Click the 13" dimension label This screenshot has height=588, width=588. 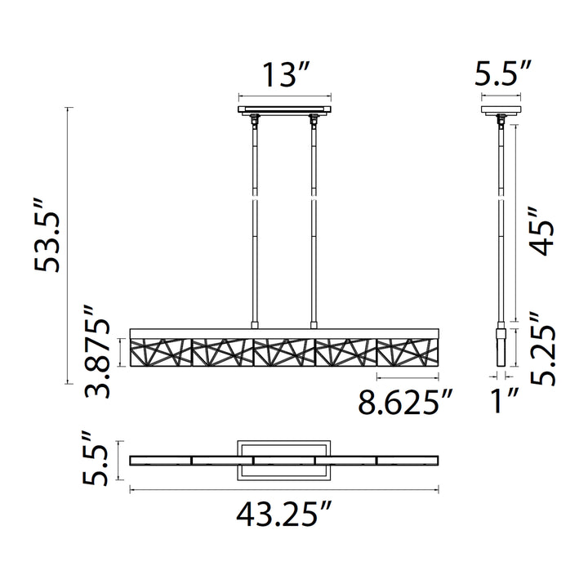pyautogui.click(x=286, y=75)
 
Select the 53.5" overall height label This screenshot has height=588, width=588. pyautogui.click(x=47, y=236)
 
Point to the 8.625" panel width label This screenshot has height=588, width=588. pyautogui.click(x=405, y=402)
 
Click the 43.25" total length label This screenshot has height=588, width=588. pyautogui.click(x=284, y=514)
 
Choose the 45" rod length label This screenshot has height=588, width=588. pyautogui.click(x=541, y=231)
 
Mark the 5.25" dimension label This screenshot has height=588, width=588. pyautogui.click(x=542, y=349)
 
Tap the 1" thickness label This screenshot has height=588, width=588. pyautogui.click(x=505, y=401)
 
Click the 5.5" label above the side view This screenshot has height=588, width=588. pyautogui.click(x=503, y=73)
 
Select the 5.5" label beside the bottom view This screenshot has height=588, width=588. pyautogui.click(x=95, y=458)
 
